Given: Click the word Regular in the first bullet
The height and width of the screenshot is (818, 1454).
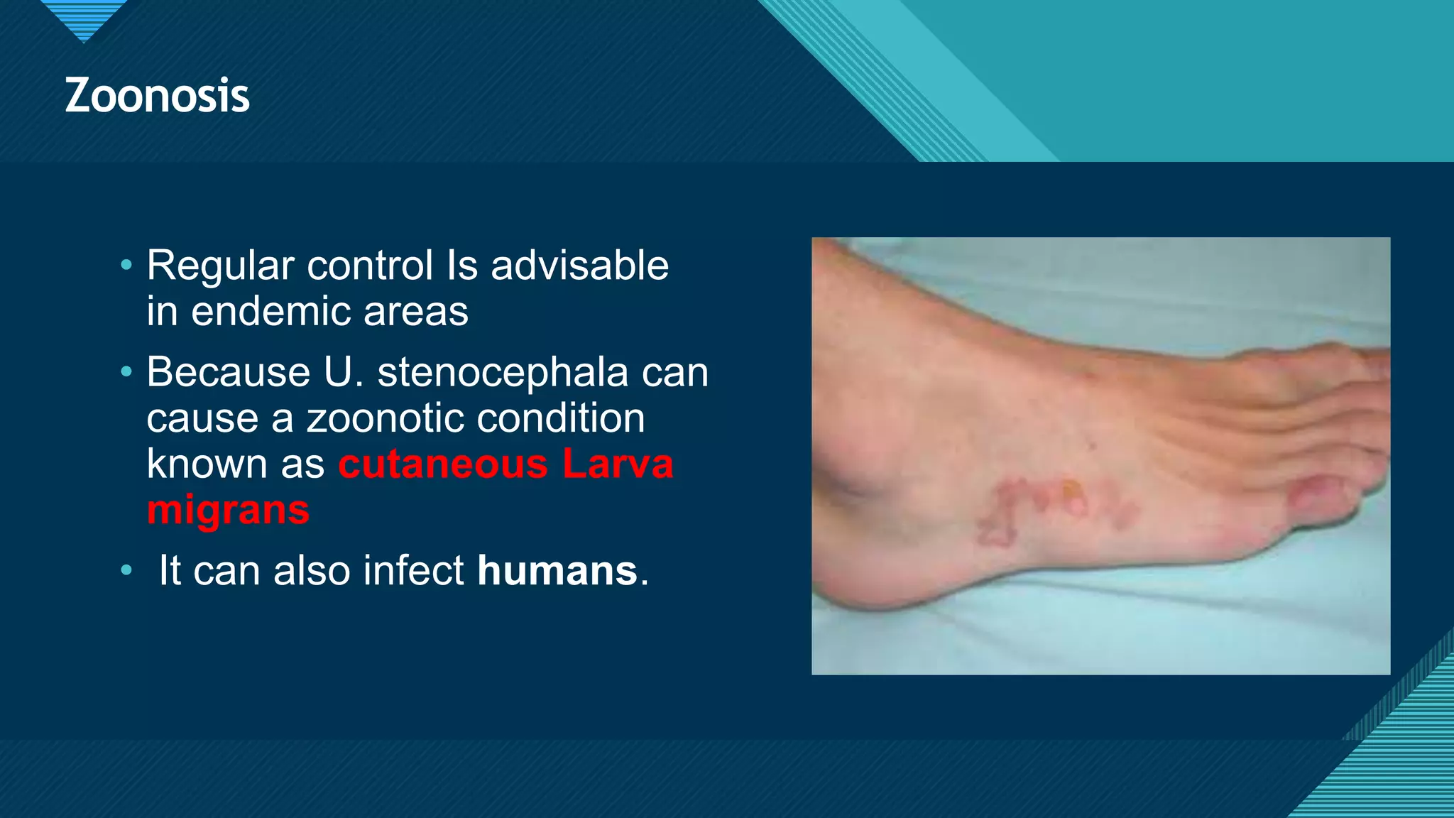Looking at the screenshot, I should [x=220, y=266].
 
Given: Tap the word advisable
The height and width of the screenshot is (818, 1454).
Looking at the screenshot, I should [x=579, y=266].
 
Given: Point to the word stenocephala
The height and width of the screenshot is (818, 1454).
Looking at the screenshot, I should [x=503, y=372].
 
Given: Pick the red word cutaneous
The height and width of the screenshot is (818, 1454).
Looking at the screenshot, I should [x=443, y=464].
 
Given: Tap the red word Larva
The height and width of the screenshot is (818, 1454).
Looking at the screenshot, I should [x=618, y=464].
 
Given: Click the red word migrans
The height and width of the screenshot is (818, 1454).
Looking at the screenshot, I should [x=228, y=511].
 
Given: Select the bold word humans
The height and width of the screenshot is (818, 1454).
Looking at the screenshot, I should [x=557, y=570].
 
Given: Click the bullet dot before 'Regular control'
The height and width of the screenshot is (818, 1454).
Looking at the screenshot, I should [x=126, y=266].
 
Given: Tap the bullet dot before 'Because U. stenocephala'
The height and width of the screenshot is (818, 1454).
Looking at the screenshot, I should [x=126, y=372].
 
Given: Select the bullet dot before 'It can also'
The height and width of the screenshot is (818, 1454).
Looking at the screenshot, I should [x=126, y=570].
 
